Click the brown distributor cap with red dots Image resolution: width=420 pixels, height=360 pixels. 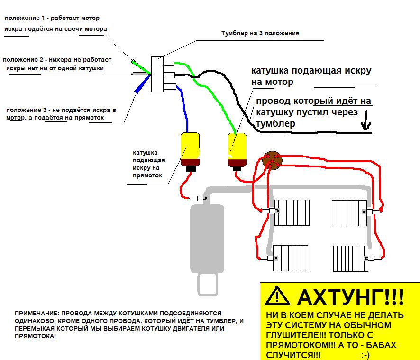click(x=273, y=160)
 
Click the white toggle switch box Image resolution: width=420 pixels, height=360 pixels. click(x=156, y=74)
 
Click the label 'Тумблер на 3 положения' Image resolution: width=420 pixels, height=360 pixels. click(x=260, y=34)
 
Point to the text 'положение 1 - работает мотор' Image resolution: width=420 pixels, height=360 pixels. click(x=52, y=18)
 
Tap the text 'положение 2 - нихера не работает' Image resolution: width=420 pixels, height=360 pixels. click(x=57, y=60)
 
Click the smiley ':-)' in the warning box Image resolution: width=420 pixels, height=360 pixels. click(x=365, y=354)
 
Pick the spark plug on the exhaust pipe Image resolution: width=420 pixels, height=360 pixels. click(x=198, y=198)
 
